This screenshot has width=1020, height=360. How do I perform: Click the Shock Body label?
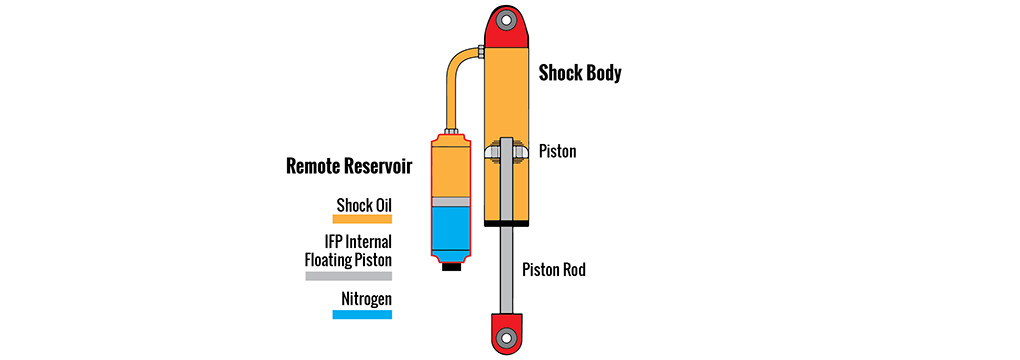click(580, 73)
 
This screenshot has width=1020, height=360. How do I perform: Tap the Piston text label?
click(557, 152)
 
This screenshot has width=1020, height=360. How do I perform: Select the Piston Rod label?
click(555, 269)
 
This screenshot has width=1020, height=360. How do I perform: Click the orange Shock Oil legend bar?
click(363, 218)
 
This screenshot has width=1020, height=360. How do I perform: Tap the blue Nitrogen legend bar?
click(363, 314)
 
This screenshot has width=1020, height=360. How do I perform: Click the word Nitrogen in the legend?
click(366, 299)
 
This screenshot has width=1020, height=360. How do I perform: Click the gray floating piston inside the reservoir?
click(450, 201)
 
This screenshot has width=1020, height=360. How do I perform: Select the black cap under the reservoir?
click(451, 267)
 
